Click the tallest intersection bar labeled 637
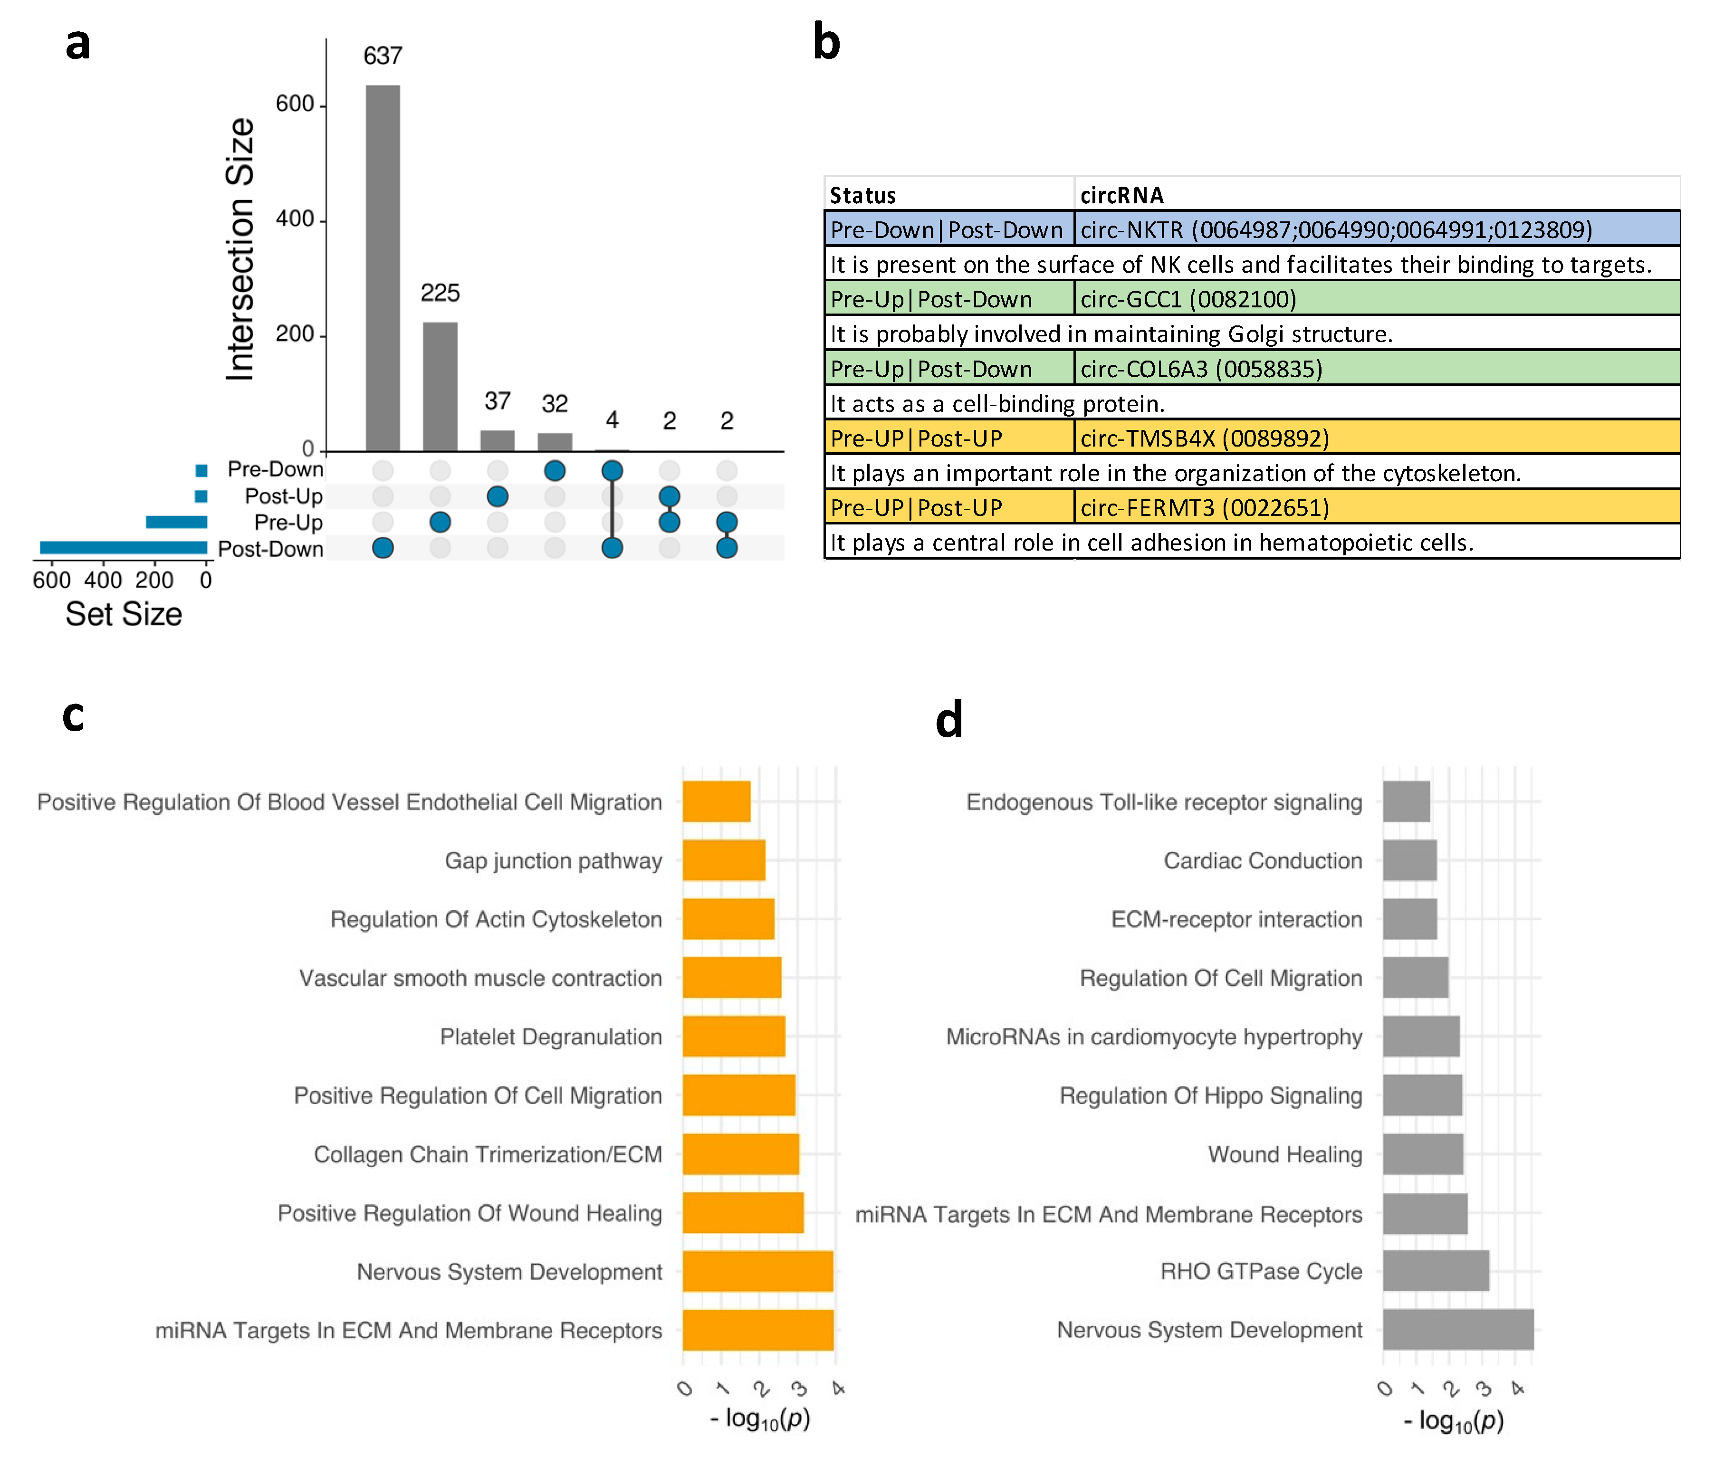click(383, 268)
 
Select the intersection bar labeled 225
click(440, 387)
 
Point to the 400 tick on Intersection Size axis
click(295, 219)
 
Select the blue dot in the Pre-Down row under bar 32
click(554, 471)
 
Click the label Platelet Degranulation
click(550, 1037)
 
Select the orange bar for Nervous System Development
click(757, 1271)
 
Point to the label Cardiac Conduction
click(1262, 861)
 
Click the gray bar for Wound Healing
click(1422, 1154)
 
